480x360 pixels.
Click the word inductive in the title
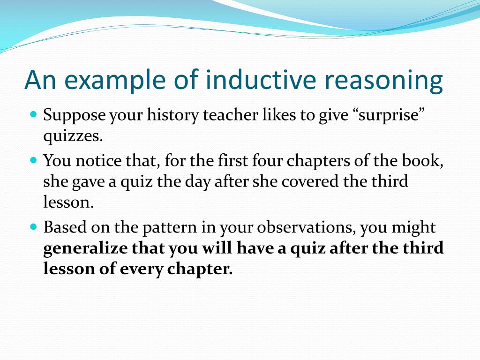coord(255,80)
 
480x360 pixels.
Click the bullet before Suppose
coord(33,114)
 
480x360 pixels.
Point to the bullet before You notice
coord(33,160)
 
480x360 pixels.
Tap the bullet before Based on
coord(33,226)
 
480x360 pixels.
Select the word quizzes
coord(72,137)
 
